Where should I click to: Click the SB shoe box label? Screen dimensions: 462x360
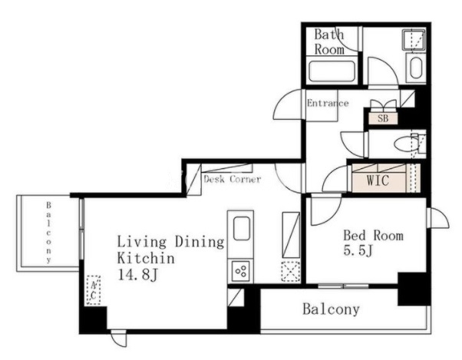[383, 118]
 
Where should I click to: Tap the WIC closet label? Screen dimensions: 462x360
[378, 180]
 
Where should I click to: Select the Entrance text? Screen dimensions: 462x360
[328, 103]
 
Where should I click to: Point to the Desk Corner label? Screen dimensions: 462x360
[233, 179]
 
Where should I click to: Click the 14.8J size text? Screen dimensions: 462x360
[138, 275]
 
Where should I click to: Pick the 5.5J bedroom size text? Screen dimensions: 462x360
[358, 250]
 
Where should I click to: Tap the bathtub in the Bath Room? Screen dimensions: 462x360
[332, 71]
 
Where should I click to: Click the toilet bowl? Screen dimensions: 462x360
[406, 144]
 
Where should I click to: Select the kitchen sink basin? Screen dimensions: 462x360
[242, 228]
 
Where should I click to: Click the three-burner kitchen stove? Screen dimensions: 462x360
[241, 271]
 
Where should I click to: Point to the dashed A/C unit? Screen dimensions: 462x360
[94, 290]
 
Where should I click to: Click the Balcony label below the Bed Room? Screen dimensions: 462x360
[332, 309]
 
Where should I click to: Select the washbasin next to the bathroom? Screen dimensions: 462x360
[416, 68]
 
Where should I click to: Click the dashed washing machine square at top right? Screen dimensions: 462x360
[414, 39]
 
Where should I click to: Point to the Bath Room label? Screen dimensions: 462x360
[329, 41]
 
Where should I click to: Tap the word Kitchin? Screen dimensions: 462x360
[146, 258]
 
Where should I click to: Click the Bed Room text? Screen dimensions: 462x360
[373, 236]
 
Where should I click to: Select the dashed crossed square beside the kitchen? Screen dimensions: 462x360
[291, 271]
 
